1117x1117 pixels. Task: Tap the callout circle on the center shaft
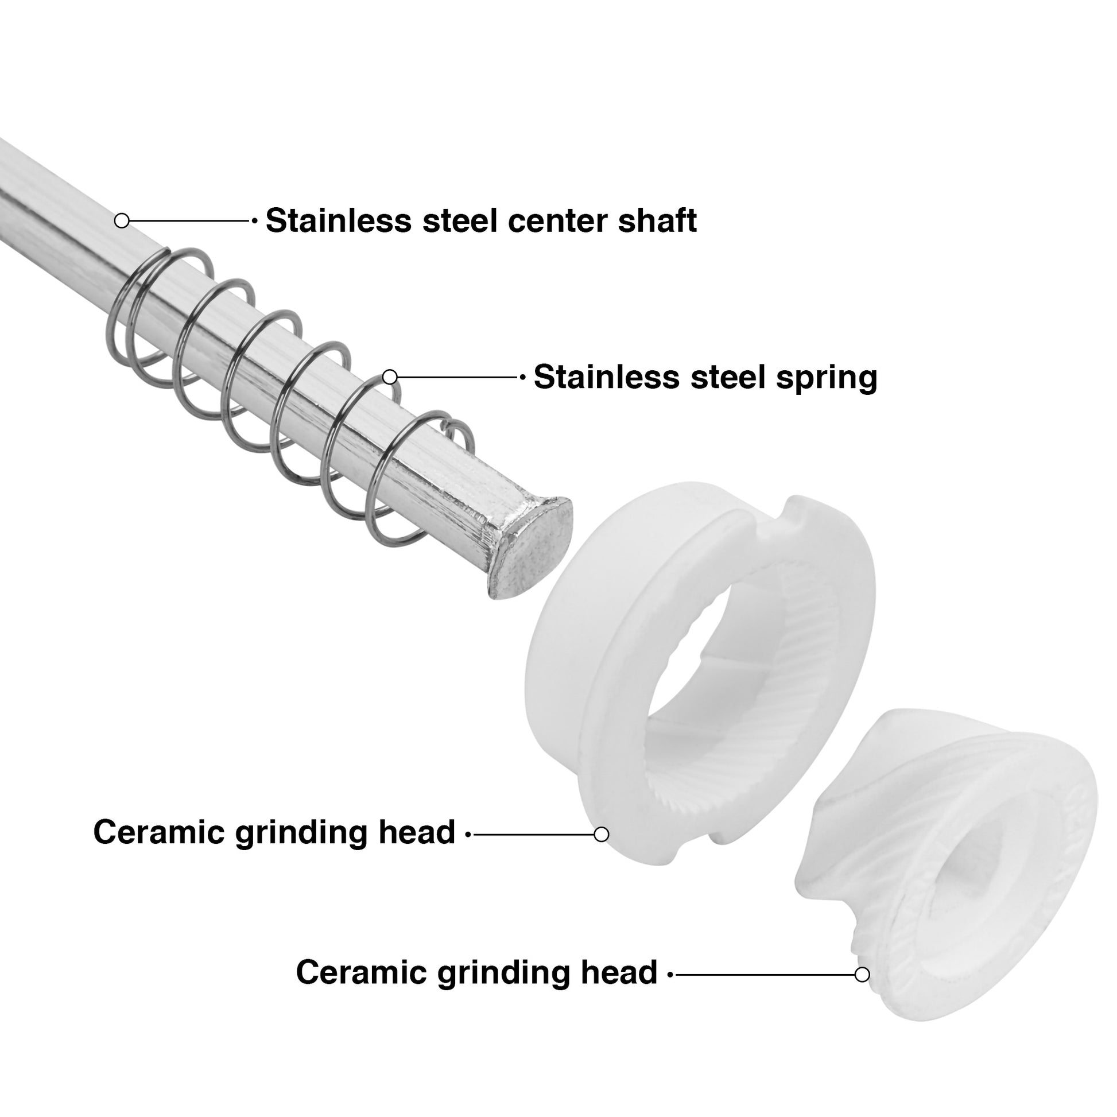click(x=122, y=220)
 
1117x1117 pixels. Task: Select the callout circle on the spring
click(x=390, y=377)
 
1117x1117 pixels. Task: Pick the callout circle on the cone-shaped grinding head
click(x=862, y=975)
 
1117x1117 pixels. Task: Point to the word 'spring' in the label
click(x=827, y=379)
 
